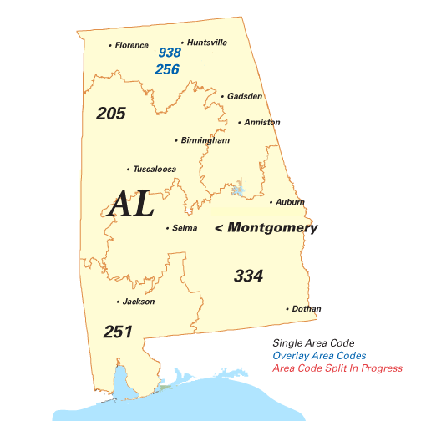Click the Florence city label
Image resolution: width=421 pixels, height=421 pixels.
[131, 45]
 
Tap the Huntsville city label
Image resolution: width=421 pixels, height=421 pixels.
[207, 43]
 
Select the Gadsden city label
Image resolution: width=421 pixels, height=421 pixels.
[246, 97]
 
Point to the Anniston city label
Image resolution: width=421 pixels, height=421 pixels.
[262, 123]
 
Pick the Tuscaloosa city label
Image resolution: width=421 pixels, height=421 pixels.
[155, 170]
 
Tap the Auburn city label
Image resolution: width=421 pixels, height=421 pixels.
[290, 202]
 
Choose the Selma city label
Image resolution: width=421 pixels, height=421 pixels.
[185, 228]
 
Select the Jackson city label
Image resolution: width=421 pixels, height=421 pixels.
[138, 302]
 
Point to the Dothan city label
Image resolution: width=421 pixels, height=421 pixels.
[307, 309]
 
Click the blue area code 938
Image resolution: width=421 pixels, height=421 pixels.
[170, 53]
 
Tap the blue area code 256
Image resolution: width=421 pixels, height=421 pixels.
[167, 69]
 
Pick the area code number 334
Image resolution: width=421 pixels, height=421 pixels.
[249, 276]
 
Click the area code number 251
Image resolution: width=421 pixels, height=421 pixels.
[118, 332]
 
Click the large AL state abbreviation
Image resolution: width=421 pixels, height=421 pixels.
[132, 204]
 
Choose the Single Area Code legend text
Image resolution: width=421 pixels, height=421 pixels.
[313, 343]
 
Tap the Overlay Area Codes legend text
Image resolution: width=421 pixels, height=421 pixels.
[319, 356]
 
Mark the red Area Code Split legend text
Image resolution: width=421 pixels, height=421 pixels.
[337, 368]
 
